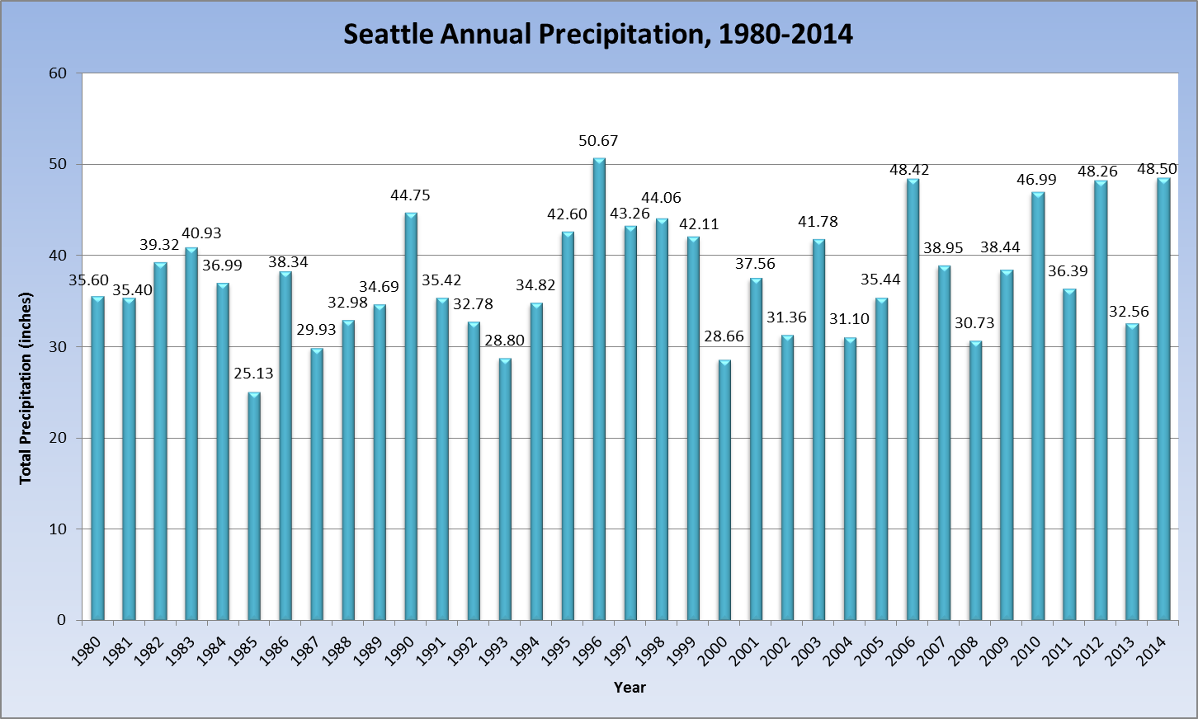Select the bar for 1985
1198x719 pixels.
254,506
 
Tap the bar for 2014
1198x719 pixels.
1163,399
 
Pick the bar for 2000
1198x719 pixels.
724,490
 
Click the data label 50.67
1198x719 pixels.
598,141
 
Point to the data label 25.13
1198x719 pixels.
253,374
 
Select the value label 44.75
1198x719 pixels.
410,195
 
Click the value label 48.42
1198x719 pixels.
909,170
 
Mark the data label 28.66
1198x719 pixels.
724,336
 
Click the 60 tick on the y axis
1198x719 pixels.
57,73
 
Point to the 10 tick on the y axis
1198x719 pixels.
57,529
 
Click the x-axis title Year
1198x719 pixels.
630,688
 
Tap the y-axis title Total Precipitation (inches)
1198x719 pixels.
26,388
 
